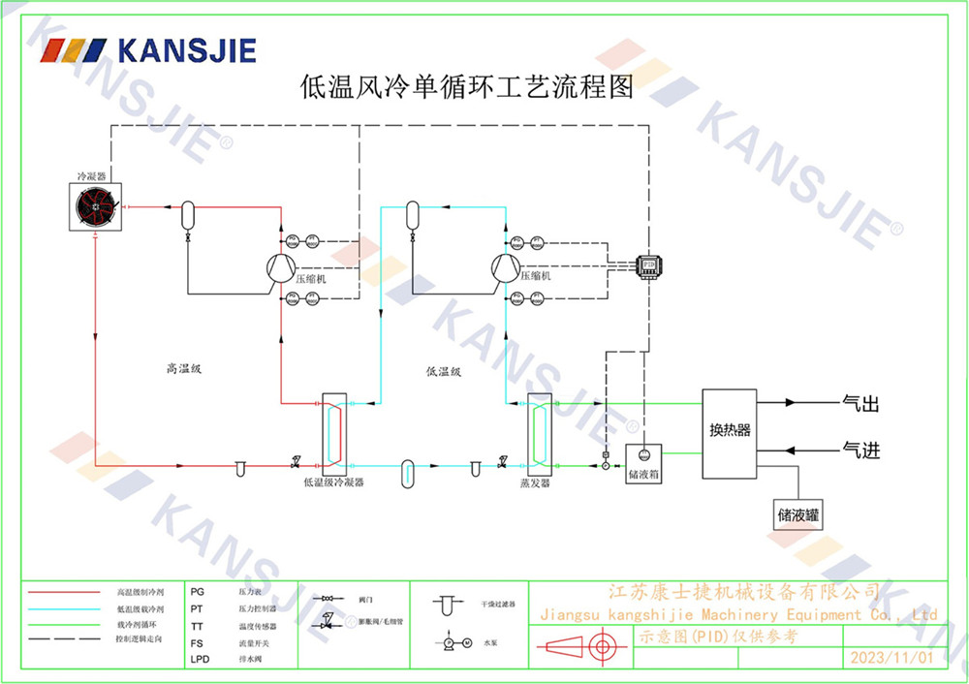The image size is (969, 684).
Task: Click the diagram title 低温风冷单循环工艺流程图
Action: point(468,88)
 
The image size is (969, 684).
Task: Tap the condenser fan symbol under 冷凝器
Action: point(95,207)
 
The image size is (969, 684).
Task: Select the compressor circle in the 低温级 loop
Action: point(505,266)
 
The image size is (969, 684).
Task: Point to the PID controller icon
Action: point(645,264)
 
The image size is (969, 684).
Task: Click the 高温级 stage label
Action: point(183,368)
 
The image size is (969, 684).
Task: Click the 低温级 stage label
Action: point(443,369)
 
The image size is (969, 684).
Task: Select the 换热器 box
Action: point(730,431)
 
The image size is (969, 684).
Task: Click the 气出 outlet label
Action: point(861,402)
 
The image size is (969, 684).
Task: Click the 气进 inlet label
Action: point(861,451)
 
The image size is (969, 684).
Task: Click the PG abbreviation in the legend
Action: point(198,590)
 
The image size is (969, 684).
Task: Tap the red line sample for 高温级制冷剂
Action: point(64,591)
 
